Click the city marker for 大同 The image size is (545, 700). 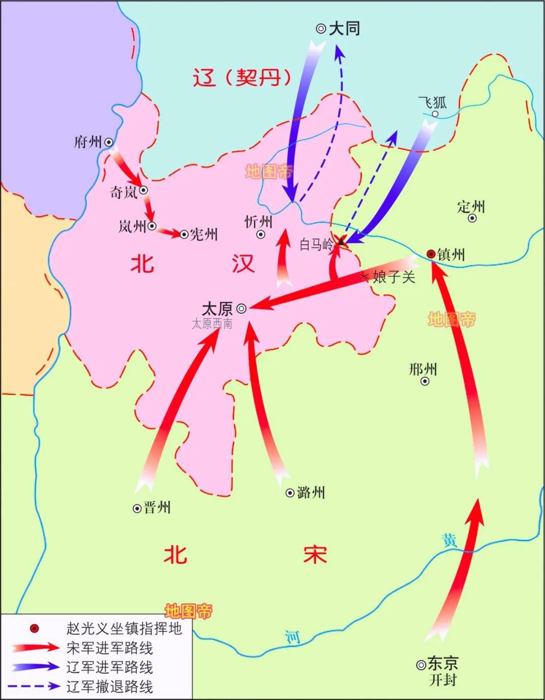point(320,29)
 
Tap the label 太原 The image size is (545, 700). point(217,308)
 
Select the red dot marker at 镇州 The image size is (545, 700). point(430,254)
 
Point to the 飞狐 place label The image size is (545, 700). point(432,102)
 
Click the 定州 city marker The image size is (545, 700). point(472,218)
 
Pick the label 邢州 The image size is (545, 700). point(423,369)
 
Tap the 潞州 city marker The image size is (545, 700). point(290,493)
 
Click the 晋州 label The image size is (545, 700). point(157,508)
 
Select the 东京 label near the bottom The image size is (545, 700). point(443,663)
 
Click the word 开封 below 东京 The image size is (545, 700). point(443,680)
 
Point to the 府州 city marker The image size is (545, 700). point(108,143)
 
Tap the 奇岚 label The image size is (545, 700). point(124,192)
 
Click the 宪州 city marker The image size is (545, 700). point(184,234)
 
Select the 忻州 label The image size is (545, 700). point(258,221)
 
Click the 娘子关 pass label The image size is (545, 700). point(394,276)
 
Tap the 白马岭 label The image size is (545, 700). point(316,245)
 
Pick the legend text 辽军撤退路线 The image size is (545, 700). point(110,686)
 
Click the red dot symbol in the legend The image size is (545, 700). point(34,628)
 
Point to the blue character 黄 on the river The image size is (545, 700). point(449,540)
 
